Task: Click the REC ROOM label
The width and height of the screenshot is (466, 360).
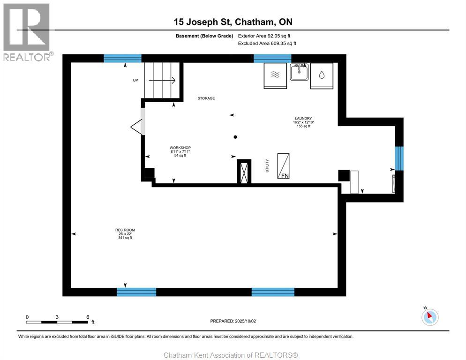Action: pos(125,230)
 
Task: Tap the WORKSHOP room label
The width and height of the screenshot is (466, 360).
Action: pos(180,148)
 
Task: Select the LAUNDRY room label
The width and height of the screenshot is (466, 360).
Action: pos(303,118)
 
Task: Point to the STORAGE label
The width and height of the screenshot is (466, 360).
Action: pos(206,98)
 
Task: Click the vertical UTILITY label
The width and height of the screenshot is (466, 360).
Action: pos(267,165)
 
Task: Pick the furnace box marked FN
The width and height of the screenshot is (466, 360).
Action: pos(283,166)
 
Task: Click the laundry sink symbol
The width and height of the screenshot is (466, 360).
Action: pos(299,72)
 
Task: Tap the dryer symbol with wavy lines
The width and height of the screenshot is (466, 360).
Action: pos(275,76)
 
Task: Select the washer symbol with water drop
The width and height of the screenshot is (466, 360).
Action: pos(322,76)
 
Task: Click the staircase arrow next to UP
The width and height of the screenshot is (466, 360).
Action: pos(162,80)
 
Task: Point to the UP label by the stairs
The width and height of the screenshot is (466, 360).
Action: pos(135,80)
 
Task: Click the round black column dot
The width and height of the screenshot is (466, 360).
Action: pos(235,137)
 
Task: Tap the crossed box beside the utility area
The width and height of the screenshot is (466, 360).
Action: pos(244,172)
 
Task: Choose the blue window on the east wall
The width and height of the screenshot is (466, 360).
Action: pos(399,158)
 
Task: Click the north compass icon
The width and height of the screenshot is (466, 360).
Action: pos(430,316)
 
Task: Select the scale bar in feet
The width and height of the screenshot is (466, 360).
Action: pos(57,322)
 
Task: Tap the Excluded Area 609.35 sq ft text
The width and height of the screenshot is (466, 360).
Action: pos(267,44)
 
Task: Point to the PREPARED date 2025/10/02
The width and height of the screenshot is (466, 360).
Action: pos(233,321)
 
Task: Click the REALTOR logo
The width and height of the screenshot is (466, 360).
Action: pos(27,32)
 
